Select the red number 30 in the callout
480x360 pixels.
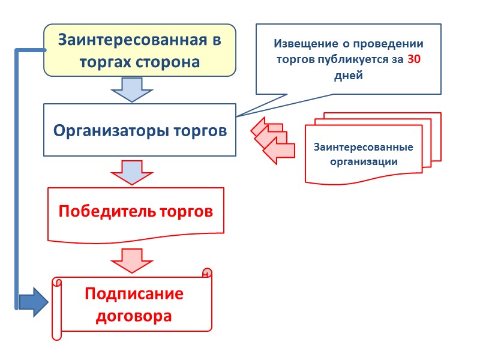point(414,60)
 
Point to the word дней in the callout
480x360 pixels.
point(348,76)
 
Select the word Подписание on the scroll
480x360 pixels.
point(134,294)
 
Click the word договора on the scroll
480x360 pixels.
point(134,316)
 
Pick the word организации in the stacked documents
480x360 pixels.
point(364,161)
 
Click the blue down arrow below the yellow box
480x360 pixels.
point(132,92)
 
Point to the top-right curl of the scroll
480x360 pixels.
point(207,273)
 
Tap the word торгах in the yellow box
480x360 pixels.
point(104,62)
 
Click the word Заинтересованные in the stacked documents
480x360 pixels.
point(364,148)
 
